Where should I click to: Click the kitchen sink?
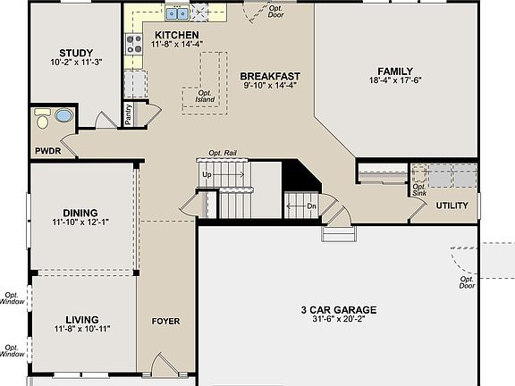[177, 13]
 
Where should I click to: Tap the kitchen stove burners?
[134, 45]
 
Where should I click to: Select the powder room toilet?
[42, 119]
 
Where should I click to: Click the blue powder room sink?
[63, 116]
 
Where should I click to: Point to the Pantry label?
[128, 113]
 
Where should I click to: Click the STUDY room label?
[76, 53]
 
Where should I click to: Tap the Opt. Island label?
[205, 96]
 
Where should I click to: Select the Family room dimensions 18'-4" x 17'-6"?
[395, 80]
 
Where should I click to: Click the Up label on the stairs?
[207, 174]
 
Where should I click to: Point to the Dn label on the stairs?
[311, 206]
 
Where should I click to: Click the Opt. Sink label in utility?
[419, 189]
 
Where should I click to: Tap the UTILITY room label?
[452, 206]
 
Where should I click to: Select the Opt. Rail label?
[223, 153]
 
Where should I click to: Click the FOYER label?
[166, 321]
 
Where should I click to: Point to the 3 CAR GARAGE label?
[339, 310]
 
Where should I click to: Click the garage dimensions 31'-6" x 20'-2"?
[339, 319]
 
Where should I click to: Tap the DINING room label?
[80, 213]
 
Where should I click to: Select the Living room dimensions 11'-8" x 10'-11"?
[82, 329]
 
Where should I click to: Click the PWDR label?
[48, 151]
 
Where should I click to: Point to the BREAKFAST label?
[270, 76]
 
